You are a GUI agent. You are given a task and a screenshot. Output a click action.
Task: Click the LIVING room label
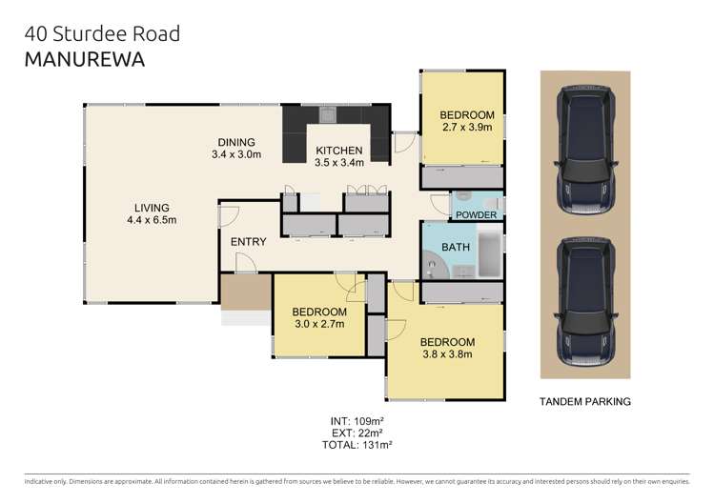click(x=152, y=207)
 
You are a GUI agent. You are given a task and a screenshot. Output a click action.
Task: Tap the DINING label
click(x=235, y=141)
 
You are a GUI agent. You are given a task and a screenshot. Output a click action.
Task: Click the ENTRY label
click(x=248, y=242)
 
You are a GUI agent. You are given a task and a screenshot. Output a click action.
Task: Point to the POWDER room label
click(x=476, y=215)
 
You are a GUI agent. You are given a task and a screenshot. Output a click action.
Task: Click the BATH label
click(x=455, y=248)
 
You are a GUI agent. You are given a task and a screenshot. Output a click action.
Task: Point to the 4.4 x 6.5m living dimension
click(x=152, y=220)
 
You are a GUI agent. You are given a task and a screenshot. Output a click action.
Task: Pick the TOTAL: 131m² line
click(x=357, y=444)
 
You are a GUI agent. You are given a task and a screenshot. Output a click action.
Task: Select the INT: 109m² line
click(x=357, y=420)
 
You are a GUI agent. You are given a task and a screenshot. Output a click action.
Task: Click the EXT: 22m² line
click(x=357, y=433)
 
